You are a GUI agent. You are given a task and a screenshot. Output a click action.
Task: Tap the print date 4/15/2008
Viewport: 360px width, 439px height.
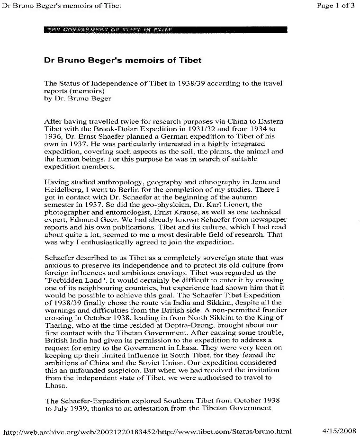tap(338, 431)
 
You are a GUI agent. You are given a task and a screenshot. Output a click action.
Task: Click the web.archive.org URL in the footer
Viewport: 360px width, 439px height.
tap(147, 432)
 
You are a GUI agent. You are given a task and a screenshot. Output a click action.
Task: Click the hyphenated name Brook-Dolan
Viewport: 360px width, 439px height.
tap(115, 129)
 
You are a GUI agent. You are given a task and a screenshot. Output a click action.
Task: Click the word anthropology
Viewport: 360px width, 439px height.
tap(118, 182)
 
